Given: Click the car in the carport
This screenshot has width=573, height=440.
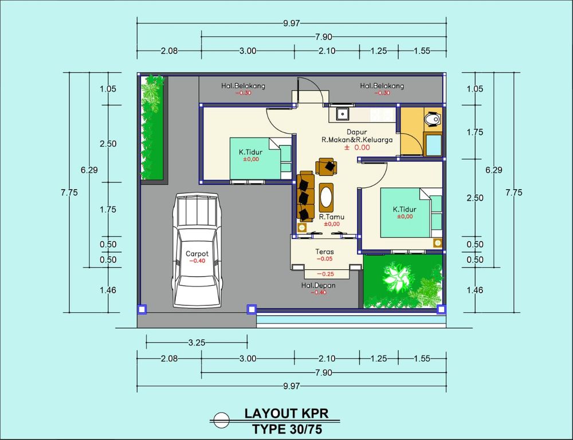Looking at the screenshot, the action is [197, 250].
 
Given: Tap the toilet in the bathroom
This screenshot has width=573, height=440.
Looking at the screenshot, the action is [432, 120].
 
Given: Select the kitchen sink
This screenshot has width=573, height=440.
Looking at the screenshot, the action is [343, 113].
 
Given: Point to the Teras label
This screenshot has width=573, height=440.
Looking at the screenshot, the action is [324, 252].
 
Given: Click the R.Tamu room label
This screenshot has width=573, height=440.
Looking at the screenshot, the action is [331, 217].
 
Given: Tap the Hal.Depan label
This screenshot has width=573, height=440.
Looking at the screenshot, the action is [318, 285].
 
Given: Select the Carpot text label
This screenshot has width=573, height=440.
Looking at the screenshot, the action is [197, 254].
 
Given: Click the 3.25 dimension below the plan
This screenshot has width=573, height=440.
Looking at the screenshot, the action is [197, 343].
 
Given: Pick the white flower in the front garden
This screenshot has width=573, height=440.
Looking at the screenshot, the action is [397, 278].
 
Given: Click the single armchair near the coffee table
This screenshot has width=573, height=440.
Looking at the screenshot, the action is [327, 167].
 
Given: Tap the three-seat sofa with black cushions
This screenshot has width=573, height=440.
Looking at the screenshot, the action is [305, 197].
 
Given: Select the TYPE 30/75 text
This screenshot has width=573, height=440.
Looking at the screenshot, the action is [287, 429].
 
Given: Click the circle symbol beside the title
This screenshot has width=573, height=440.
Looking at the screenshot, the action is [221, 421].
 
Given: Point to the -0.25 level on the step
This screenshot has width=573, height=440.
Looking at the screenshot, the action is [325, 274].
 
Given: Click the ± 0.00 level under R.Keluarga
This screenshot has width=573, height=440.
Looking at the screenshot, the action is [357, 147].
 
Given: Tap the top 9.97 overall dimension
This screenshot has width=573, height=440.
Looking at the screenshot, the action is [291, 23].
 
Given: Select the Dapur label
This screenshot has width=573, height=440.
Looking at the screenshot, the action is [356, 132].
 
